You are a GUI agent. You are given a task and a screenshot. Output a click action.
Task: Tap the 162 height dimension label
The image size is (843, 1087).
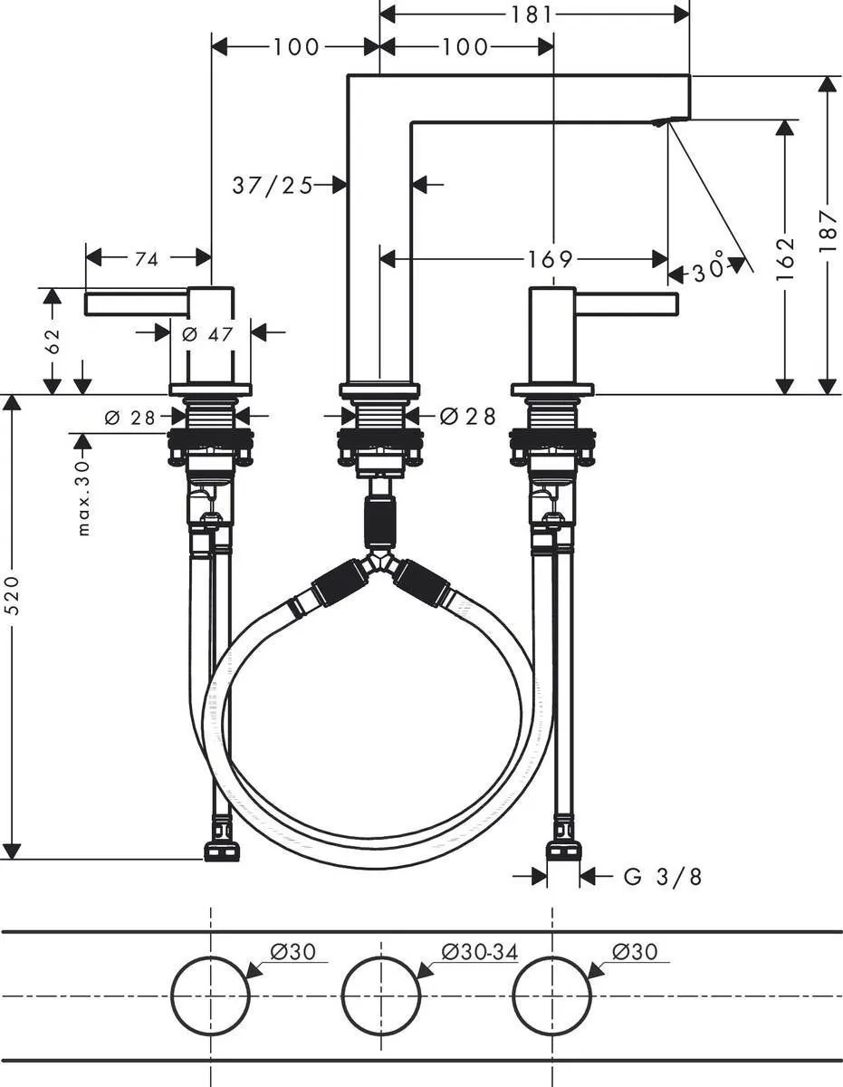pos(785,256)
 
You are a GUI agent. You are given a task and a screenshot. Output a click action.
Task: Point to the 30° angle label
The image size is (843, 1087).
pos(711,269)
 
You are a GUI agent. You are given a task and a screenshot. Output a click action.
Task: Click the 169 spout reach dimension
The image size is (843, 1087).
pos(551,260)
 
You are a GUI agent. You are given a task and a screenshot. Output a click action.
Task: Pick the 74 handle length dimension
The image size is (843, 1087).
pos(146,260)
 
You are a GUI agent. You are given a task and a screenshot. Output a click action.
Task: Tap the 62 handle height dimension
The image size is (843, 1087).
pos(53,341)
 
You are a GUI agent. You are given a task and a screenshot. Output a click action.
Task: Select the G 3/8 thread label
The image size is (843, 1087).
pos(663,877)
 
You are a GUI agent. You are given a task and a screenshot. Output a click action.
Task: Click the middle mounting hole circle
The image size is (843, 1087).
pos(381,995)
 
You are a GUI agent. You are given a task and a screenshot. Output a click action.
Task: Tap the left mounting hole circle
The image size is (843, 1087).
pos(211,995)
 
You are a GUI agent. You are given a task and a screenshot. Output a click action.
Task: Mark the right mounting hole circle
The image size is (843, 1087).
pos(552,995)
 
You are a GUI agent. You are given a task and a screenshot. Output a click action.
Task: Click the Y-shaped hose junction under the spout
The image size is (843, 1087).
pos(381,563)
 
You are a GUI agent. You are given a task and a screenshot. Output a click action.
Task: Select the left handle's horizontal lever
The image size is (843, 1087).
pos(136,303)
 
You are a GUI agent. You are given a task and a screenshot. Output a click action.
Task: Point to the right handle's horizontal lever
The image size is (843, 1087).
pos(626,303)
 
